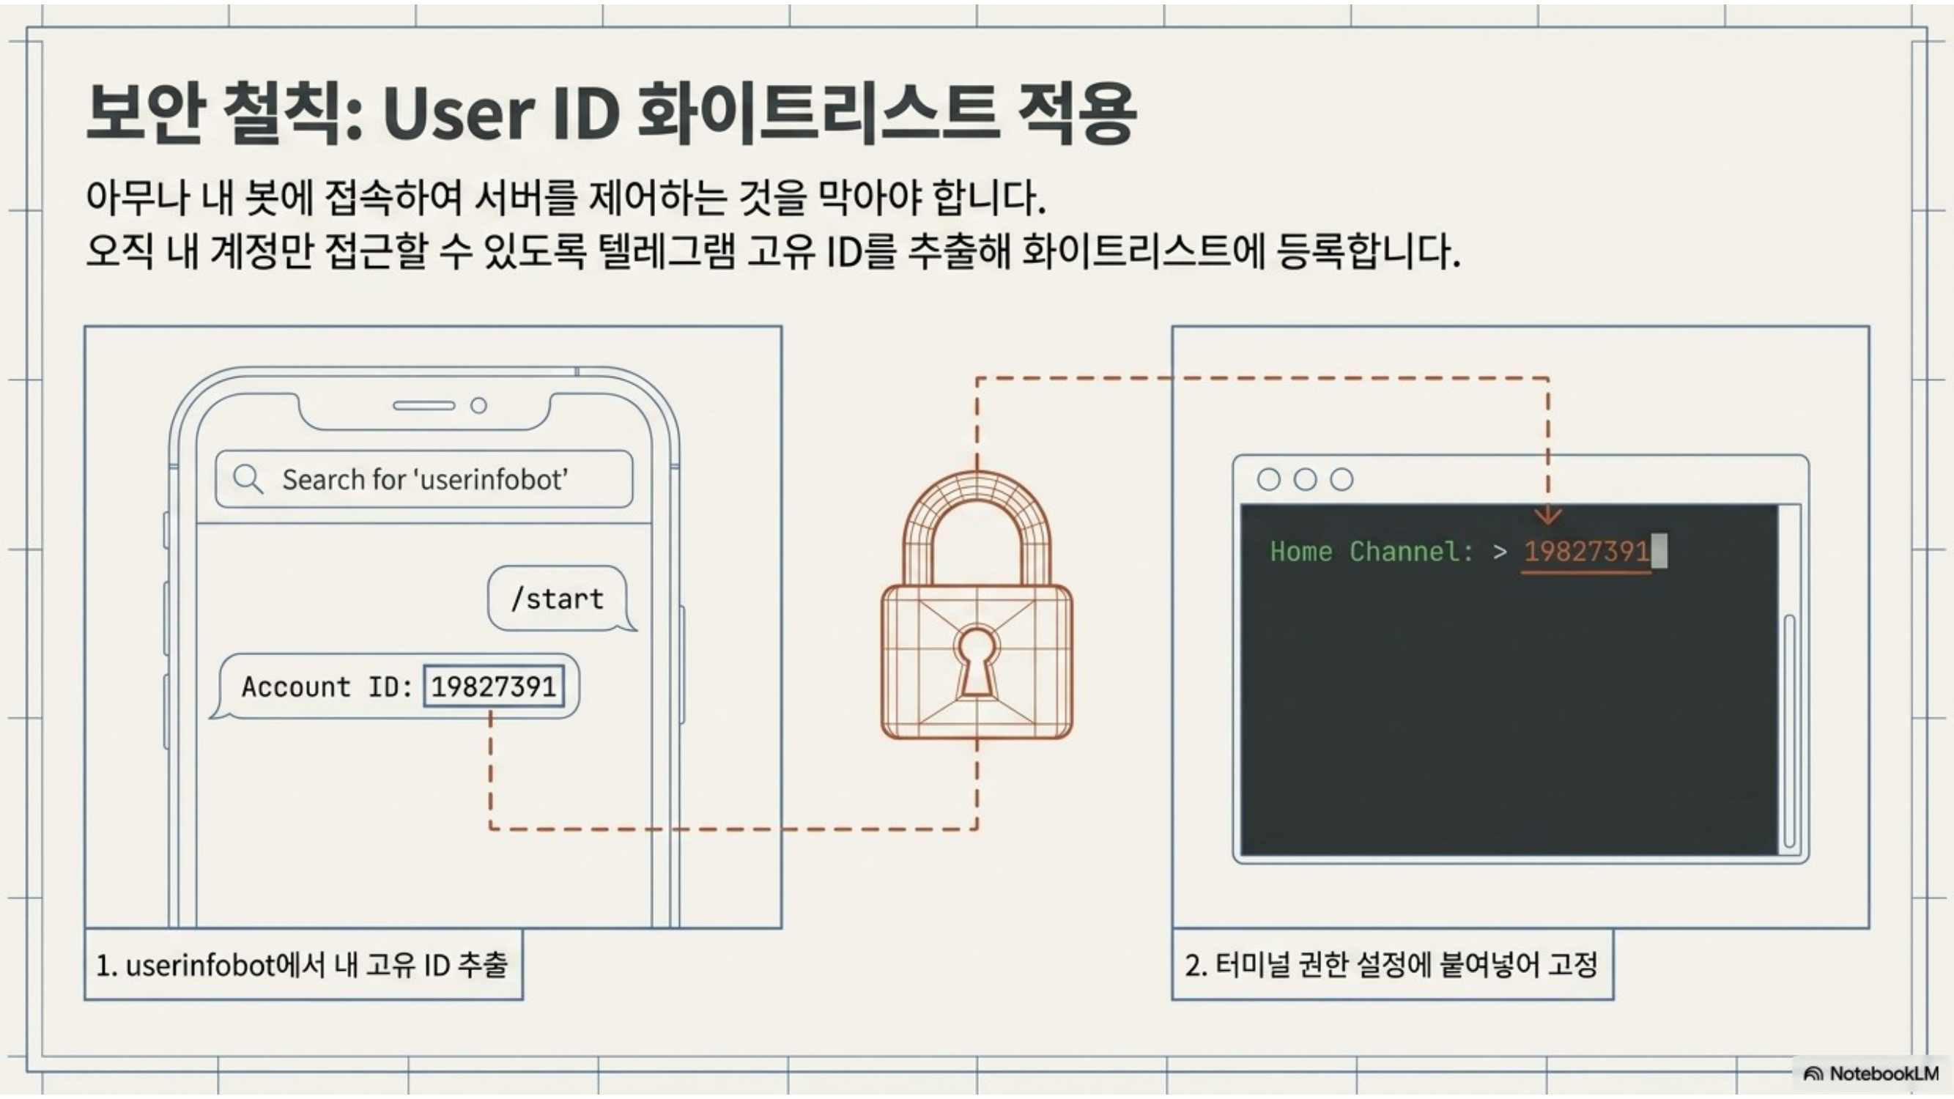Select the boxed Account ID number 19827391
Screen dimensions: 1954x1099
[x=494, y=687]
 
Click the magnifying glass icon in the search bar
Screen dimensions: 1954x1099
[x=248, y=479]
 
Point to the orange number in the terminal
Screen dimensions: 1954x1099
[x=1586, y=552]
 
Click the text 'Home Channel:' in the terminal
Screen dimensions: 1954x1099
[x=1372, y=552]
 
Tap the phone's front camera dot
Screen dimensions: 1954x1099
[x=478, y=406]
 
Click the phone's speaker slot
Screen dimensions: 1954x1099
[x=423, y=406]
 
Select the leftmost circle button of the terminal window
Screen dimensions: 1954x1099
[x=1268, y=479]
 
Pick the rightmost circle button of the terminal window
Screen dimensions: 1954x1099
[x=1341, y=479]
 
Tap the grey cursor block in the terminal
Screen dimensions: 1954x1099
[x=1659, y=551]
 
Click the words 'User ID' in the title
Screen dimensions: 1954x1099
[x=500, y=114]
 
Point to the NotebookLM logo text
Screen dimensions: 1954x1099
[x=1884, y=1073]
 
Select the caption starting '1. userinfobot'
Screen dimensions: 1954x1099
[x=302, y=965]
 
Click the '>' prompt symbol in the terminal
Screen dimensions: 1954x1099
[x=1500, y=552]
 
